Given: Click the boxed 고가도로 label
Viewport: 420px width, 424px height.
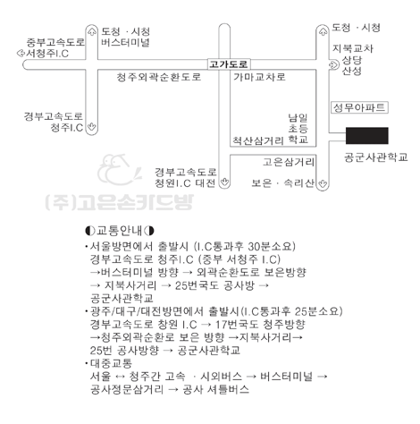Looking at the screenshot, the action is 229,64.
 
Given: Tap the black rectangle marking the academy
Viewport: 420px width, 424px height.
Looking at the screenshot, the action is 366,136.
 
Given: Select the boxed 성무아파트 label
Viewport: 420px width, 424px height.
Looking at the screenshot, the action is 359,107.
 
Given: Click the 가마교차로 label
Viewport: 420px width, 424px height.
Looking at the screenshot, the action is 259,77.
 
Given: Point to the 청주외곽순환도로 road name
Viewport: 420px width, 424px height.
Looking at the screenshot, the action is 159,77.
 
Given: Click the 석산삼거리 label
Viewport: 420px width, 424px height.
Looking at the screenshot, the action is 258,140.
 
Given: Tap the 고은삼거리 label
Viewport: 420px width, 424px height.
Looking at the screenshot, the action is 289,162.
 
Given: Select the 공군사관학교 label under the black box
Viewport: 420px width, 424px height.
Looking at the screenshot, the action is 376,157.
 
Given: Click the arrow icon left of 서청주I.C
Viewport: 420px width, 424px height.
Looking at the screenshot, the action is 21,54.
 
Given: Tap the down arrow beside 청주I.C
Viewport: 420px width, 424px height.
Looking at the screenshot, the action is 91,127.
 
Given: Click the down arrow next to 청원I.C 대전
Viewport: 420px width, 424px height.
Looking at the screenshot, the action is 224,182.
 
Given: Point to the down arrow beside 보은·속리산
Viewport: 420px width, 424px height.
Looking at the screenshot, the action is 322,183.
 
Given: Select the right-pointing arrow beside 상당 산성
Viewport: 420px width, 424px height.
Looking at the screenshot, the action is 334,64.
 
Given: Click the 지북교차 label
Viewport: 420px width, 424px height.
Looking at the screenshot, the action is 353,48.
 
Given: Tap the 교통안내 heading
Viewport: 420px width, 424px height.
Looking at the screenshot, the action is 120,231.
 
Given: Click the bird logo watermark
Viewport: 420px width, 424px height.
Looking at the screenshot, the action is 119,169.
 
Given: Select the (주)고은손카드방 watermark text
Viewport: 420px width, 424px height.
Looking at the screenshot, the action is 120,202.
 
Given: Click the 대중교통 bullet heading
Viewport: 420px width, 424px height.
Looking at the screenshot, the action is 111,363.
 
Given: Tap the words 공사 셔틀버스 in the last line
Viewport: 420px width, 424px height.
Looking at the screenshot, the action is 215,389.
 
